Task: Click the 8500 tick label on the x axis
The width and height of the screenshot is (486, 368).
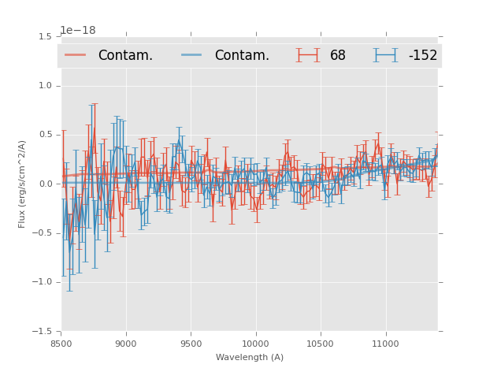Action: coord(61,344)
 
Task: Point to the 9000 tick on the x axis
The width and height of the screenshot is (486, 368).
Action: coord(126,344)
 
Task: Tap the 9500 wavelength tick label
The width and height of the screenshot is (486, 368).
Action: coord(191,344)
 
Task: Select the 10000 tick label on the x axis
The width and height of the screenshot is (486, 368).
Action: coord(255,344)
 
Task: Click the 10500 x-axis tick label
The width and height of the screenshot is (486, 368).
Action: coord(321,344)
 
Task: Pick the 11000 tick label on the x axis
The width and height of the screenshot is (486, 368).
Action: coord(385,344)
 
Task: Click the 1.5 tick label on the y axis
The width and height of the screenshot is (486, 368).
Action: coord(44,37)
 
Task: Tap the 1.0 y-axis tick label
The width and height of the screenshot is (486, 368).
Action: coord(44,86)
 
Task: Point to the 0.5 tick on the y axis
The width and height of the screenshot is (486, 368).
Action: coord(44,135)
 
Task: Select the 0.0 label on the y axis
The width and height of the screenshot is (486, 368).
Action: coord(44,184)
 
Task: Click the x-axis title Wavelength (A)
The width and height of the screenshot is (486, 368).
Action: coord(250,358)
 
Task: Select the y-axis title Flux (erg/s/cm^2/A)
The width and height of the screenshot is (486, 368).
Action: coord(22,184)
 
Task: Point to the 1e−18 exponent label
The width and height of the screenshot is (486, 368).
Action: coord(78,31)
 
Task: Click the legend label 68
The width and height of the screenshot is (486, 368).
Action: coord(338,56)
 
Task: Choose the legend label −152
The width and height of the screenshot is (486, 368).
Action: coord(422,56)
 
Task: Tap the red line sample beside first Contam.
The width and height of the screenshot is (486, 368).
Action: coord(76,55)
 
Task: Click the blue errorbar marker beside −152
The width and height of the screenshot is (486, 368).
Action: coord(385,55)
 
